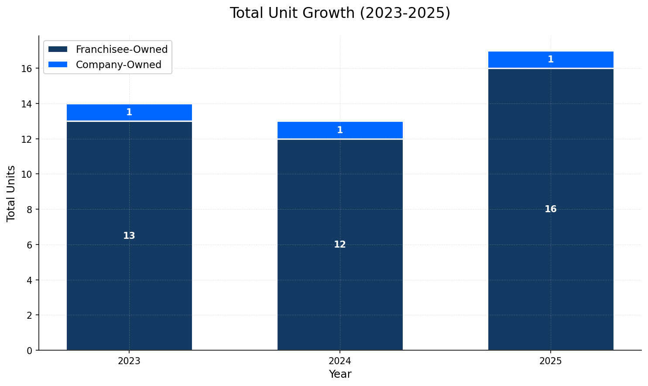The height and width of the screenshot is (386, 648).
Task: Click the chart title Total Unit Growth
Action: point(339,13)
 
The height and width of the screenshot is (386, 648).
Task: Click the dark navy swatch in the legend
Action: point(58,49)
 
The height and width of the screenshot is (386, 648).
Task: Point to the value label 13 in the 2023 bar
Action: point(129,236)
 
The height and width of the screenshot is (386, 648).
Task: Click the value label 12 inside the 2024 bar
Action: point(340,245)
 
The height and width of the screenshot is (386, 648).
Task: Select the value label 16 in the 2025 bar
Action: point(551,209)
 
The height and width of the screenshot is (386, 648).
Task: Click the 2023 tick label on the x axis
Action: point(129,361)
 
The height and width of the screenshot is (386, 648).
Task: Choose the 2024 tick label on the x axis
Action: point(340,361)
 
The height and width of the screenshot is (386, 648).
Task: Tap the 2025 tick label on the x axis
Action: point(551,361)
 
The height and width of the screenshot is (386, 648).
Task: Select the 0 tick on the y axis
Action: point(30,350)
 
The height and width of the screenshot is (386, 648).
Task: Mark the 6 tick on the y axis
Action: point(30,245)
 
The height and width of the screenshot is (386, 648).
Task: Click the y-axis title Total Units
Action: point(11,193)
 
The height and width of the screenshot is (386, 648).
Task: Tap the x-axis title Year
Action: point(340,374)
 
